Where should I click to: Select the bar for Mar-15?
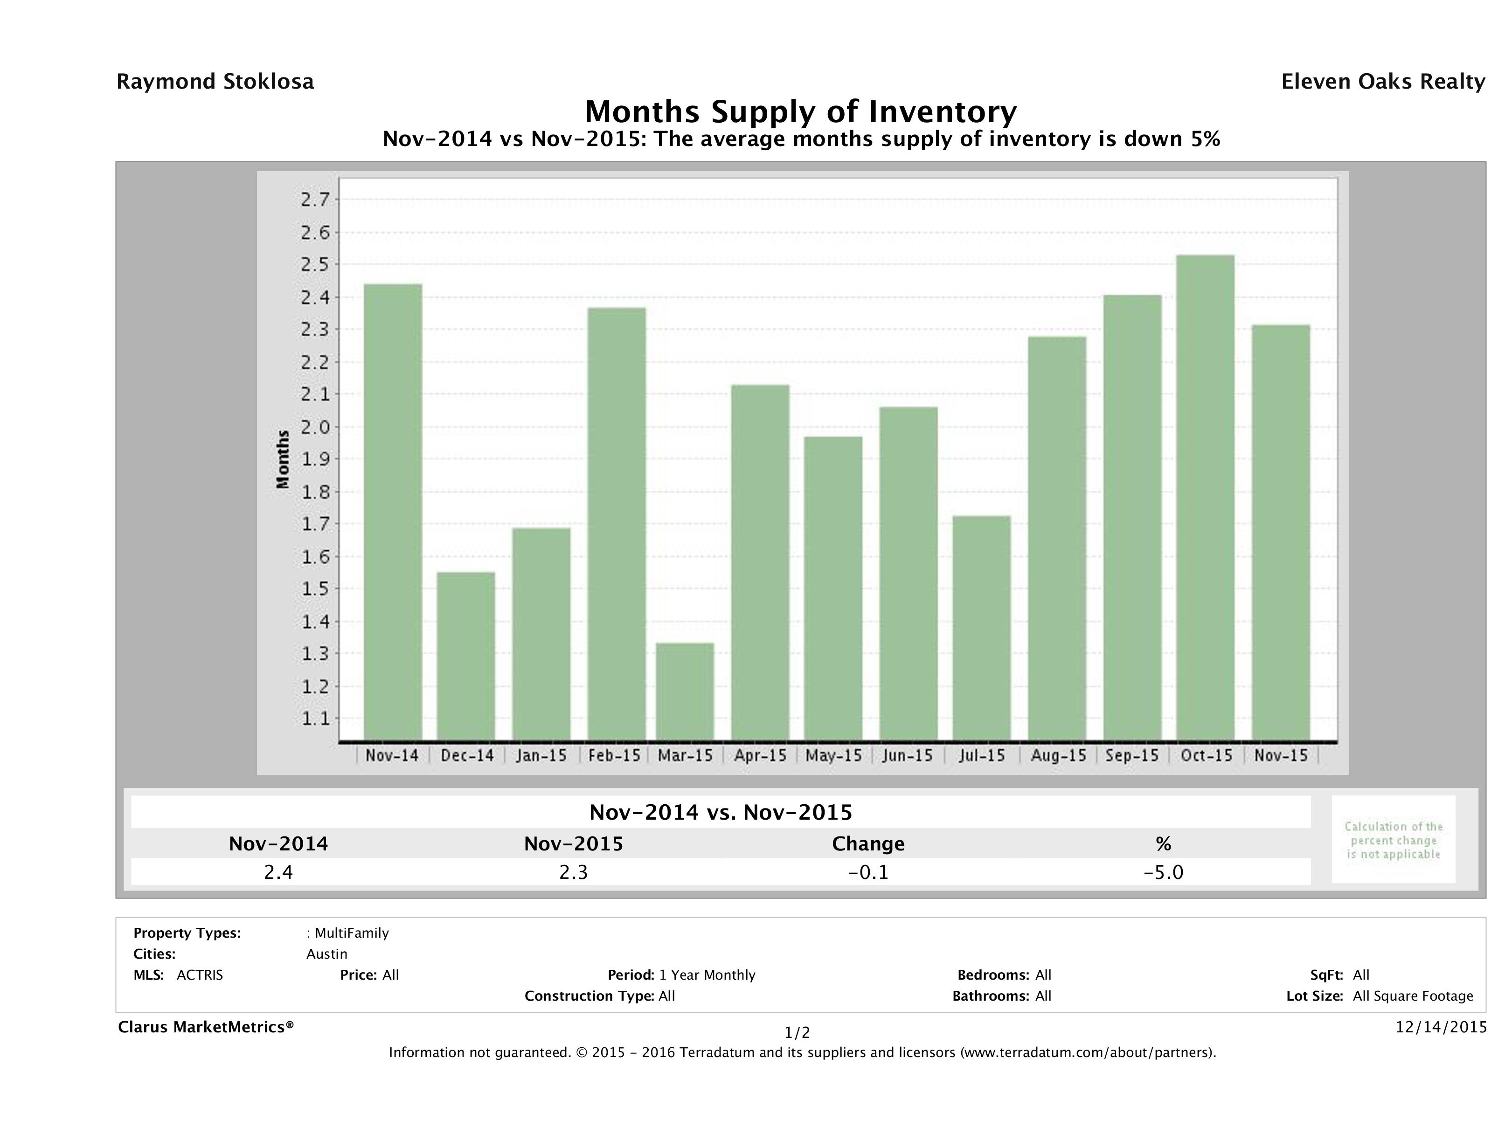click(x=685, y=691)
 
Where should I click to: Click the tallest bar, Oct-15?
click(x=1205, y=497)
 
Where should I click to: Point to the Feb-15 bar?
click(x=617, y=523)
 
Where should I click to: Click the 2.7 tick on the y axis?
click(x=314, y=199)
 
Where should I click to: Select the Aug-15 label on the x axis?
click(x=1057, y=755)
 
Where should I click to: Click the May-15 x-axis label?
click(x=833, y=755)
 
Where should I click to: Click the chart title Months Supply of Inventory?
click(x=801, y=111)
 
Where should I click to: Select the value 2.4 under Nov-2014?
click(x=278, y=872)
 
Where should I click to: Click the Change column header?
click(x=868, y=844)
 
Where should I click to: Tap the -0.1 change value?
click(x=868, y=872)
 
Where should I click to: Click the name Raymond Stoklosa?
click(x=215, y=82)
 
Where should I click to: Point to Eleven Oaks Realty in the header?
click(x=1382, y=82)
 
